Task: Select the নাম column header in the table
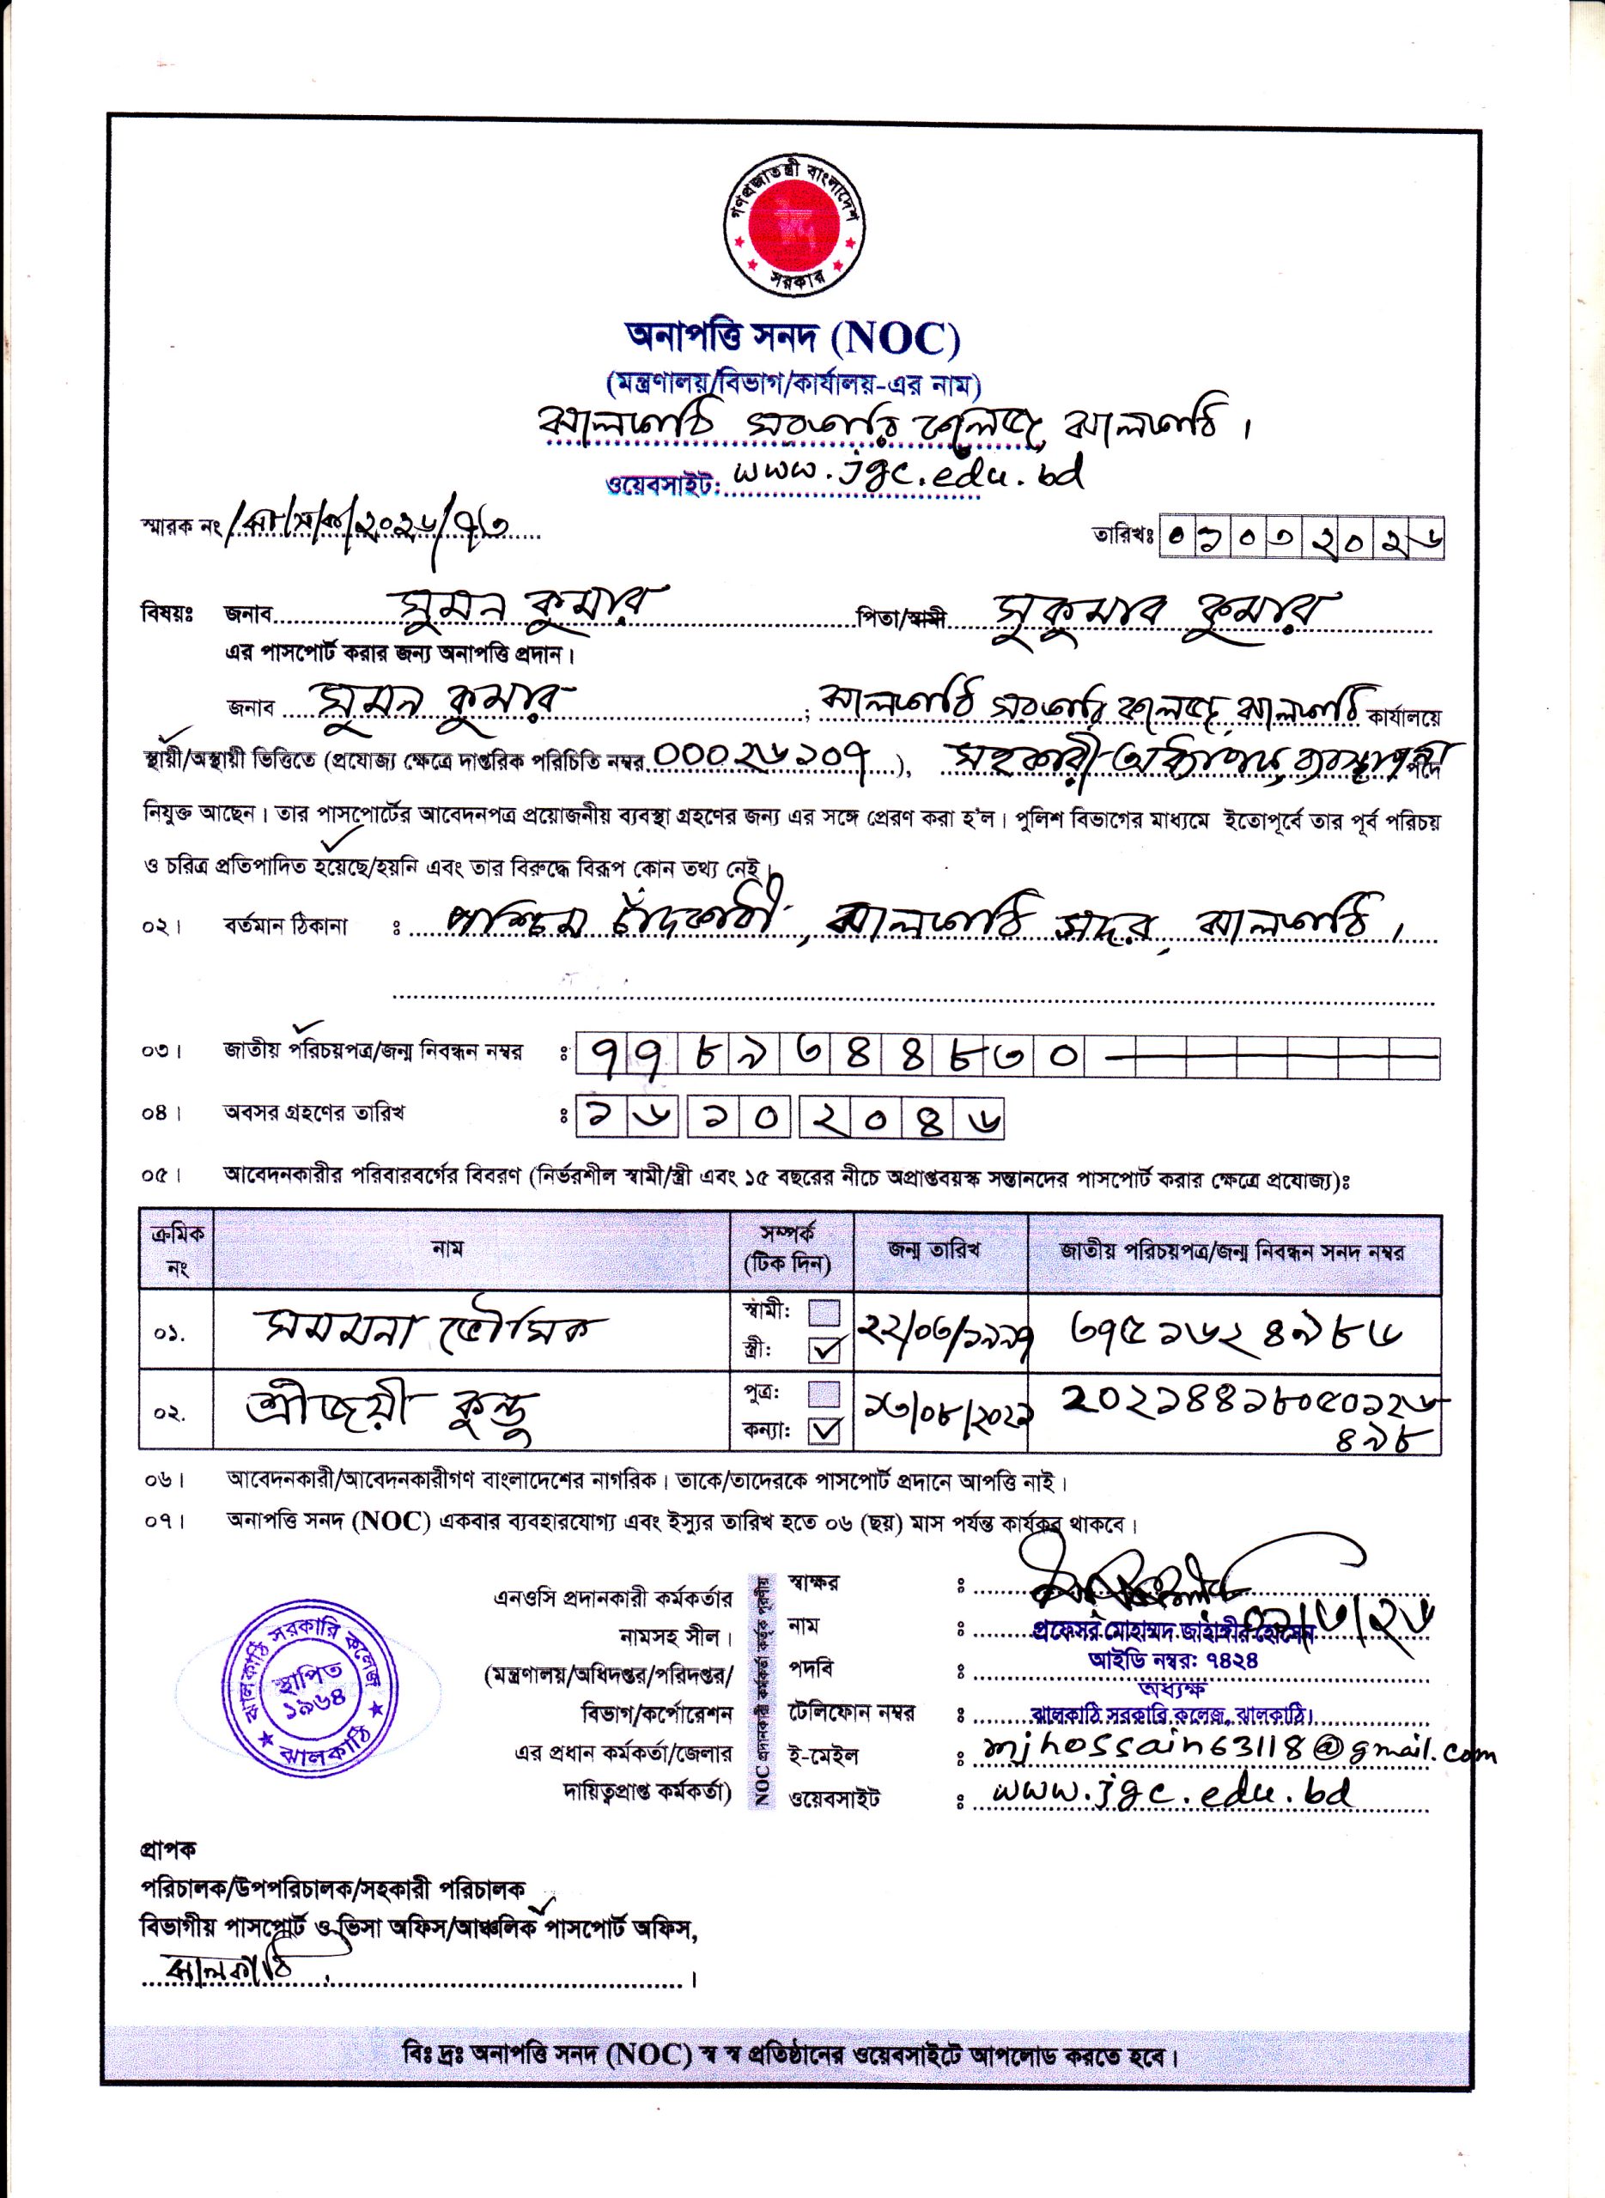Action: tap(448, 1248)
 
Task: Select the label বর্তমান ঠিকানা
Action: tap(286, 926)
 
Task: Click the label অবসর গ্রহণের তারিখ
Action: tap(313, 1113)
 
